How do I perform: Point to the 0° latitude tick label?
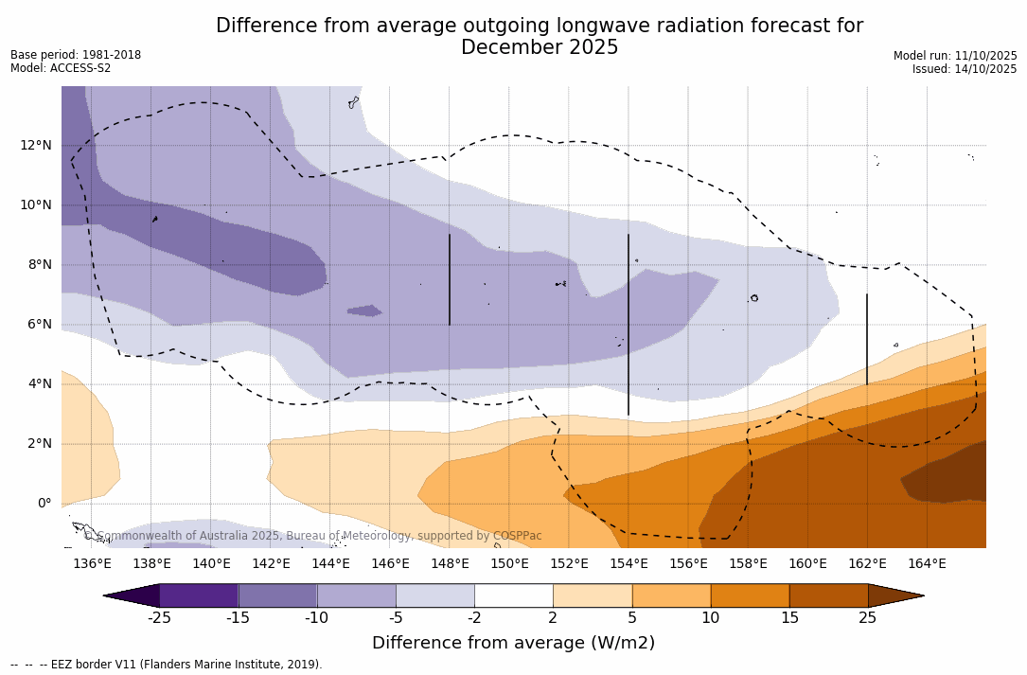pos(44,503)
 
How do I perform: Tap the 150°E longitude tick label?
pos(509,563)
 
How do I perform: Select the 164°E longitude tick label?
pos(927,563)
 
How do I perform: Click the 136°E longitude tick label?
pos(92,563)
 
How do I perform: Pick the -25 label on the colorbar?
pos(159,618)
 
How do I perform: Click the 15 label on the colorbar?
pos(789,618)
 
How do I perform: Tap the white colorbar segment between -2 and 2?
pos(514,595)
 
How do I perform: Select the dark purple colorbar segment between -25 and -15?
pos(199,595)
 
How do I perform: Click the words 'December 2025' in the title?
pos(540,47)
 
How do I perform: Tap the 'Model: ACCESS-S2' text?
pos(61,68)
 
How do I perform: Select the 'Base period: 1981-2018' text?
pos(76,55)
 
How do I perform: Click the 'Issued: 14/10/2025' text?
pos(965,69)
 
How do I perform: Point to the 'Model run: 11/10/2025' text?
pos(955,56)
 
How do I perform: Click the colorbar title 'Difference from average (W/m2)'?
pos(513,643)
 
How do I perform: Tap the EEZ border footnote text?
pos(167,665)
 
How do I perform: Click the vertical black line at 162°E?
pos(867,339)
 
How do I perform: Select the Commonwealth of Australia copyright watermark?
pos(313,536)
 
